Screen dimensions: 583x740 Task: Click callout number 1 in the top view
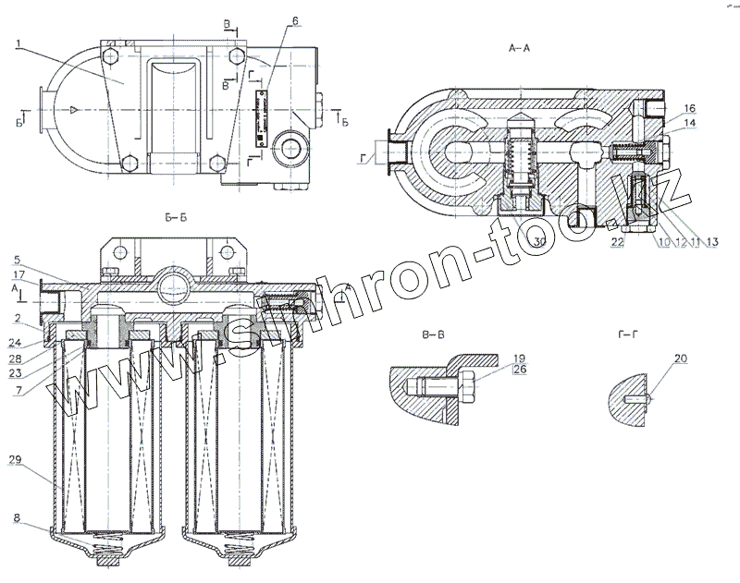[18, 43]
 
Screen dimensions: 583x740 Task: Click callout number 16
[690, 108]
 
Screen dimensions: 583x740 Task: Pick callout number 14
[690, 123]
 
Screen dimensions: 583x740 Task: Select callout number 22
[616, 242]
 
